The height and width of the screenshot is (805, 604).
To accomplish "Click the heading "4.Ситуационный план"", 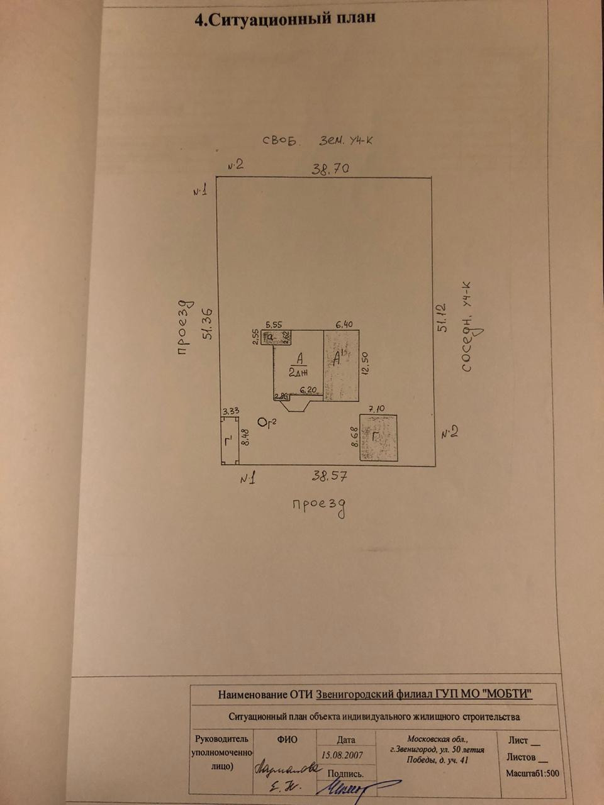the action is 286,19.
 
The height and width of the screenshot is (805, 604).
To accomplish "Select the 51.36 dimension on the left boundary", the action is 207,324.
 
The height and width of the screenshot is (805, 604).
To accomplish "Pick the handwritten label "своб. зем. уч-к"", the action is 318,140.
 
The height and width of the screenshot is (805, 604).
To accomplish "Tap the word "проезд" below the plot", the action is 319,506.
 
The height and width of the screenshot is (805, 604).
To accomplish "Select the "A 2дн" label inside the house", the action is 298,364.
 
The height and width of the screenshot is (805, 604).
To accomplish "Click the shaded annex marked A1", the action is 340,365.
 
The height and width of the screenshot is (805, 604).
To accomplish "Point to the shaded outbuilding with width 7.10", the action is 378,438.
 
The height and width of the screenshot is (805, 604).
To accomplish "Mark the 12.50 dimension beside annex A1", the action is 364,363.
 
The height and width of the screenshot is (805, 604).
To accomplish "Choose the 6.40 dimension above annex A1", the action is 344,325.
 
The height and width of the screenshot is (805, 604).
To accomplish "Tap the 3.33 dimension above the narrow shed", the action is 230,411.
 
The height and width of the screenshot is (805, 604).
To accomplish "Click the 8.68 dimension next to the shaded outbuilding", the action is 354,436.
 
